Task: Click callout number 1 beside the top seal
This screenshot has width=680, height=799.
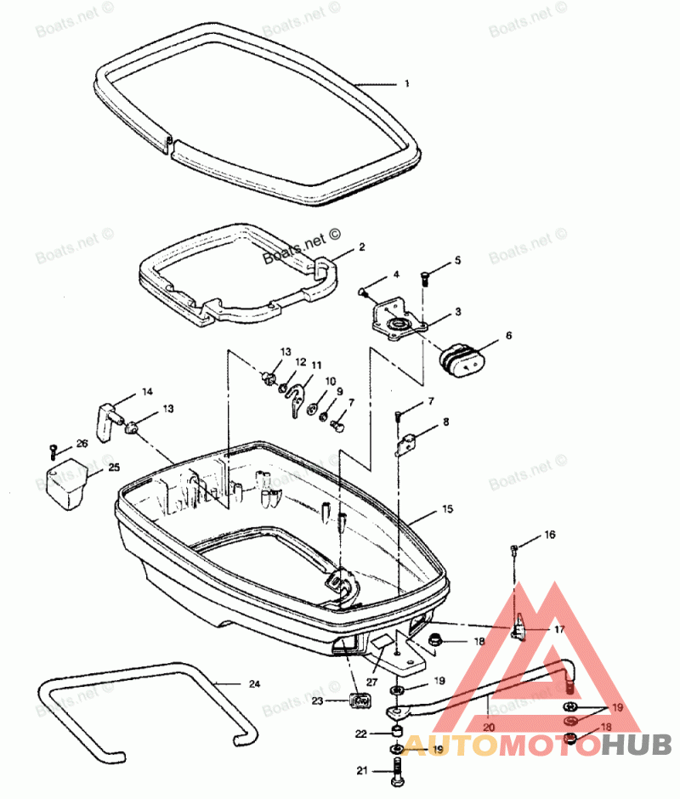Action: coord(407,83)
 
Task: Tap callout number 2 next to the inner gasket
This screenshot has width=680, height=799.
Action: coord(361,247)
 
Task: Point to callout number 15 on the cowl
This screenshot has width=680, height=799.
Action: coord(447,509)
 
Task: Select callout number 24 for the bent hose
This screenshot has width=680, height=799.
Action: coord(254,683)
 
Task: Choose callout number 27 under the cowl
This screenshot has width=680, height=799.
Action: coord(371,682)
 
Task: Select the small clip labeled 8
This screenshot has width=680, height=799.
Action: coord(409,444)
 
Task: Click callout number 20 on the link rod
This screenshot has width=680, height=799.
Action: coord(489,727)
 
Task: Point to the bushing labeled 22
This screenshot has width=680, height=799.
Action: coord(396,732)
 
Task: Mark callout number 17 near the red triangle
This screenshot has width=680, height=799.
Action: coord(559,630)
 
